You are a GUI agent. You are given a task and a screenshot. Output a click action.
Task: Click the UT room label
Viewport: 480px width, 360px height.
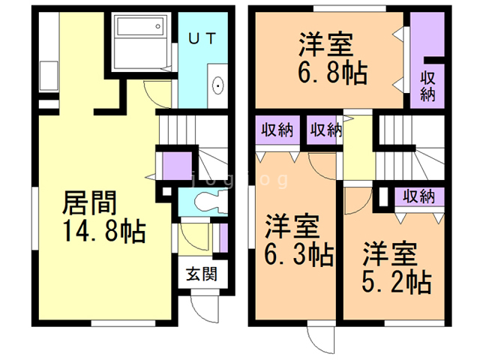pos(202,38)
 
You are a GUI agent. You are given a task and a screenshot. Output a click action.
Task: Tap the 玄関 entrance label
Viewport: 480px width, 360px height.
pos(202,274)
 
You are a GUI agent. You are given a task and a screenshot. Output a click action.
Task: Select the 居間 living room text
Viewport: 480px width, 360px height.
pos(89,202)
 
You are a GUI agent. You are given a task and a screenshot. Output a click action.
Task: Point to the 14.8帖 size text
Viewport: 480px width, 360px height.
pos(105,231)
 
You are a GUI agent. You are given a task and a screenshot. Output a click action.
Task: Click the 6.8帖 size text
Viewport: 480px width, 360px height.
pos(333,73)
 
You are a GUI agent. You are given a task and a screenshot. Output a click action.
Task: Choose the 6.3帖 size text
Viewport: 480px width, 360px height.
pos(299,254)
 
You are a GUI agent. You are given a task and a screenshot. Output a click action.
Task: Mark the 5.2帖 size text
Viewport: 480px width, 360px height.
pos(397,282)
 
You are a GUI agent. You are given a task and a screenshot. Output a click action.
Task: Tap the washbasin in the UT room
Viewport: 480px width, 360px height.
pos(218,85)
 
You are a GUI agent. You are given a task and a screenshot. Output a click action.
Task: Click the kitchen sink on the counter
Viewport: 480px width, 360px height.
pos(49,76)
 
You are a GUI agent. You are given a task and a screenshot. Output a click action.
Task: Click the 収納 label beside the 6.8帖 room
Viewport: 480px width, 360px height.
pos(427,86)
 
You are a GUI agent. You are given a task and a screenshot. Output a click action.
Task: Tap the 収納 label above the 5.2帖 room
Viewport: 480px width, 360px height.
pos(418,196)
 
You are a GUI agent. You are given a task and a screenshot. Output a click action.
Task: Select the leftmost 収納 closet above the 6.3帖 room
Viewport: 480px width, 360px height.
pos(277,130)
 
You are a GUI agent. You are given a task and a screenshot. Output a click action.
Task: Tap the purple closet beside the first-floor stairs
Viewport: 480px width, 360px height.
pos(177,166)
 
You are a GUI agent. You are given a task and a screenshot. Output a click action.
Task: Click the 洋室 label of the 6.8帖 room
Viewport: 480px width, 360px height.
pos(326,45)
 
